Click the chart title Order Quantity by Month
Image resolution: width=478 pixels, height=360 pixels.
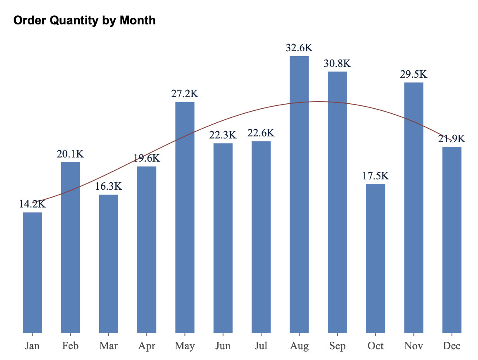click(x=85, y=20)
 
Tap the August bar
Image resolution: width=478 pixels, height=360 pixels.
click(x=299, y=194)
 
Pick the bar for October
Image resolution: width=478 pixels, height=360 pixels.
click(x=376, y=258)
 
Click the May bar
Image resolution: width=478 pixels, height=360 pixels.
click(x=185, y=217)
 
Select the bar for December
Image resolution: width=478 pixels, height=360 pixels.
click(x=452, y=239)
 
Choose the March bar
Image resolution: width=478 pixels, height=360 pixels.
click(x=109, y=263)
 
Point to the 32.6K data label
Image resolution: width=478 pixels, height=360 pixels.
click(x=299, y=48)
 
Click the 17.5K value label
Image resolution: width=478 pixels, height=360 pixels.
click(x=376, y=176)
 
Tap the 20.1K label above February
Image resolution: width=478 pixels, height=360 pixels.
click(x=71, y=154)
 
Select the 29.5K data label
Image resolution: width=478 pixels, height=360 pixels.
click(x=414, y=74)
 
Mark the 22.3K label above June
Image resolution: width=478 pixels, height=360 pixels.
click(x=223, y=135)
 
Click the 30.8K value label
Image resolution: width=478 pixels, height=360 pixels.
click(x=337, y=63)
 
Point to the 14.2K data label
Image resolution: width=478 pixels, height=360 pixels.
click(x=32, y=204)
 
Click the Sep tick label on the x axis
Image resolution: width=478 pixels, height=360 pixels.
click(x=337, y=346)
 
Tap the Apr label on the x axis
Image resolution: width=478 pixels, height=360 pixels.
click(x=147, y=346)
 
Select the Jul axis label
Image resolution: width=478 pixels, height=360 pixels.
click(x=261, y=346)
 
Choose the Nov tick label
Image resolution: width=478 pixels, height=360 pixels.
click(x=414, y=346)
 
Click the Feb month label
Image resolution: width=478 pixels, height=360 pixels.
click(x=71, y=346)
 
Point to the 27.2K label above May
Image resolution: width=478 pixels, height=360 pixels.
click(x=185, y=93)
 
